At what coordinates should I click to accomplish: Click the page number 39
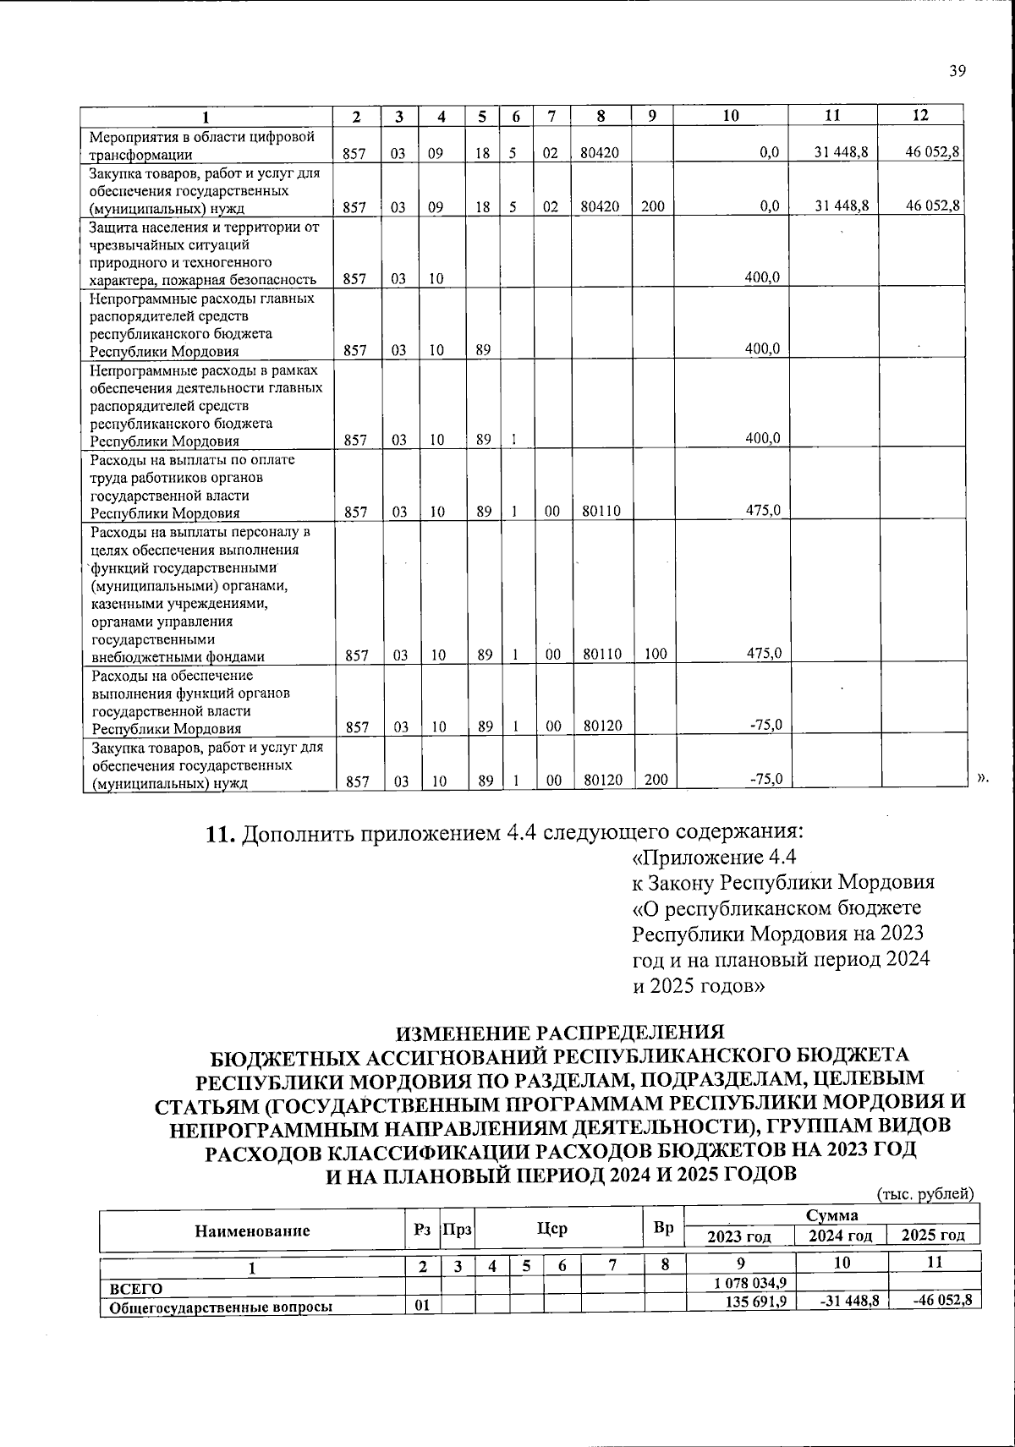click(x=957, y=72)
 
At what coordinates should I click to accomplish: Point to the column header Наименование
click(x=252, y=1231)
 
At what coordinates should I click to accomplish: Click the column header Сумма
click(x=831, y=1215)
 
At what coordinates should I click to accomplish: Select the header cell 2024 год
click(x=840, y=1236)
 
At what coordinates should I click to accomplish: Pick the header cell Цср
click(x=552, y=1229)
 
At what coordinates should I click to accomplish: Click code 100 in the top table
click(x=654, y=654)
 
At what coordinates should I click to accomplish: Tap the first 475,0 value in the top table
click(x=762, y=510)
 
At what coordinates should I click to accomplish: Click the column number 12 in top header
click(x=920, y=116)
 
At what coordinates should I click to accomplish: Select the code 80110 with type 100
click(x=601, y=654)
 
